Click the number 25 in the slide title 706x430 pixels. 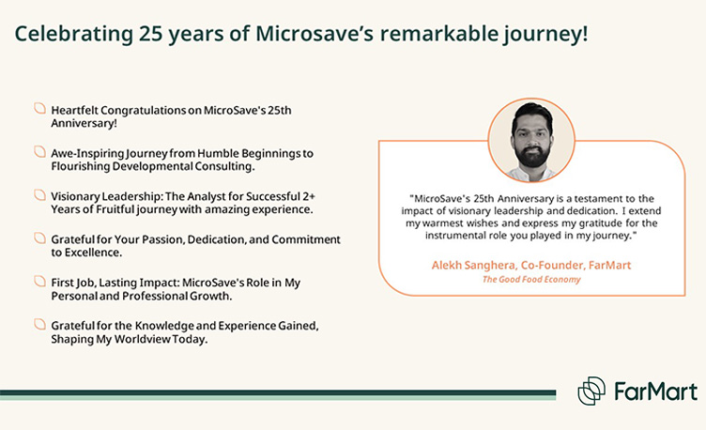(x=150, y=34)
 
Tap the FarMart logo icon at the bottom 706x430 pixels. (x=591, y=391)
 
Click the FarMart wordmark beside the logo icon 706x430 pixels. (x=656, y=392)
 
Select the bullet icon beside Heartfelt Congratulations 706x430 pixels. (x=39, y=109)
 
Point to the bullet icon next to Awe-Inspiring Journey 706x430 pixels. (x=39, y=152)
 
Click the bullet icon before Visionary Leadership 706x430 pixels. (x=39, y=195)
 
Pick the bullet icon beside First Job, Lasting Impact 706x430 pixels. (x=39, y=282)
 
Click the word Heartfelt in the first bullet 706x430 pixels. (x=74, y=110)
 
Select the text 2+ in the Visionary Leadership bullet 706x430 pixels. (x=309, y=196)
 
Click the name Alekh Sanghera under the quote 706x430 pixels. (x=473, y=265)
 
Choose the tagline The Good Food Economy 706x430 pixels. (x=531, y=279)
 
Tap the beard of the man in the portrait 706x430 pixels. (x=532, y=154)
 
